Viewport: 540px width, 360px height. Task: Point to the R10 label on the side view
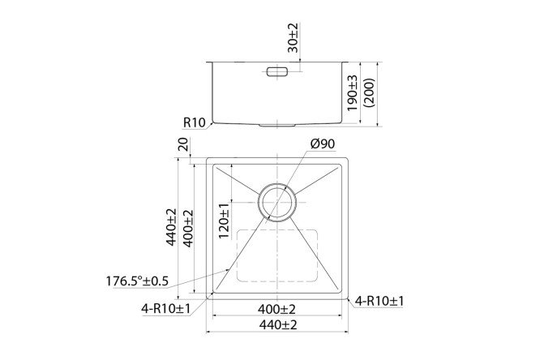click(x=193, y=123)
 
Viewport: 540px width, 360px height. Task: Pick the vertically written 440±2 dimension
click(x=171, y=228)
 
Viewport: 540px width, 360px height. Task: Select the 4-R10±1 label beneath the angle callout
click(x=165, y=307)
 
